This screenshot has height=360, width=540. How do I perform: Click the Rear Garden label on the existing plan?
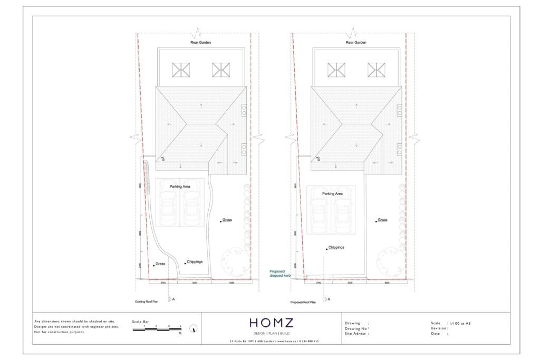coord(200,42)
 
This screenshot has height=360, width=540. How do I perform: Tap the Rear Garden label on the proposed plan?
coord(355,42)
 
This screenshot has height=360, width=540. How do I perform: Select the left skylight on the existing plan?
coord(181,70)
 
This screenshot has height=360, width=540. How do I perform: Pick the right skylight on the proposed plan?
coord(376,70)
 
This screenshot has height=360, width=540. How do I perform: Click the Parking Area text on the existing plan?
coord(180,187)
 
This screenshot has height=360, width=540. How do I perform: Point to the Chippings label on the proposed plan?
coord(336,247)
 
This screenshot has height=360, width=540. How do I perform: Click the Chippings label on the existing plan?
coord(194,261)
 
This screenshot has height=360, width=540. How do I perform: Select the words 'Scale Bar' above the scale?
coord(140,322)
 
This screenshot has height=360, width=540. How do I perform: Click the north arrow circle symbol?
coord(195,328)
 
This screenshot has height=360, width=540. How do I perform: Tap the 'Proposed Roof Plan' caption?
coord(303,302)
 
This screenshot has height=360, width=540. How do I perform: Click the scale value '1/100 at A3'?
coord(459,323)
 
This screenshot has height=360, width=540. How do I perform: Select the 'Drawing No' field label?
coord(355,328)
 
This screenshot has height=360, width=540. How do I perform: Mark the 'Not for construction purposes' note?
coord(59,332)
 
